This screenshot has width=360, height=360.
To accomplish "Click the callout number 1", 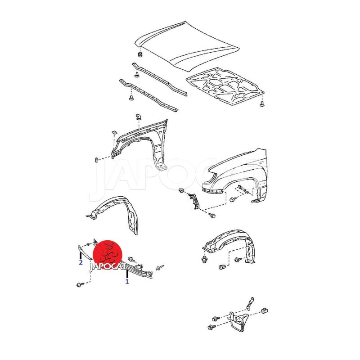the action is pos(127,282).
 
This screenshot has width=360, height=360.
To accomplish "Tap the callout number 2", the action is pos(81,262).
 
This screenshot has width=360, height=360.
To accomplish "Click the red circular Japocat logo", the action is pos(107,255).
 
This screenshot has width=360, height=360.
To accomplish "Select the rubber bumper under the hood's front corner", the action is pos(139,55).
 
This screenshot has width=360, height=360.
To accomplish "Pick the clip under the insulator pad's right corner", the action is pos(262,103).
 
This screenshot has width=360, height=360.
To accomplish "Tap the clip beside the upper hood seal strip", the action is pos(137,75).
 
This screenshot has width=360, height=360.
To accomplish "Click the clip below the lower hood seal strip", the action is pos(131,98).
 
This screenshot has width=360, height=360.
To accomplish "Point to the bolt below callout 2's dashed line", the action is pos(80,285).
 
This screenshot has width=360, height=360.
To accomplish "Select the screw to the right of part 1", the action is pos(160,267).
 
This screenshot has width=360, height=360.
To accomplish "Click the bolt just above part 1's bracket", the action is pos(132,260).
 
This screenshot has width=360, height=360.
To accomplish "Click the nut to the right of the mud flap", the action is pos(265,311).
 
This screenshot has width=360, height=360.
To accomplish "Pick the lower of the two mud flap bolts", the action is pos(211,327).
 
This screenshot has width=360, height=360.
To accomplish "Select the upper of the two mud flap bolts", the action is pos(216,319).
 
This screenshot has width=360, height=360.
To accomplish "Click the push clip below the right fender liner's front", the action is pos(204,260).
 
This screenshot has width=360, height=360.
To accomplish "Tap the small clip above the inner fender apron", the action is pos(139,117).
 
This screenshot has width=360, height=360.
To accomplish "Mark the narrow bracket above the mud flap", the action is pos(250,303).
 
